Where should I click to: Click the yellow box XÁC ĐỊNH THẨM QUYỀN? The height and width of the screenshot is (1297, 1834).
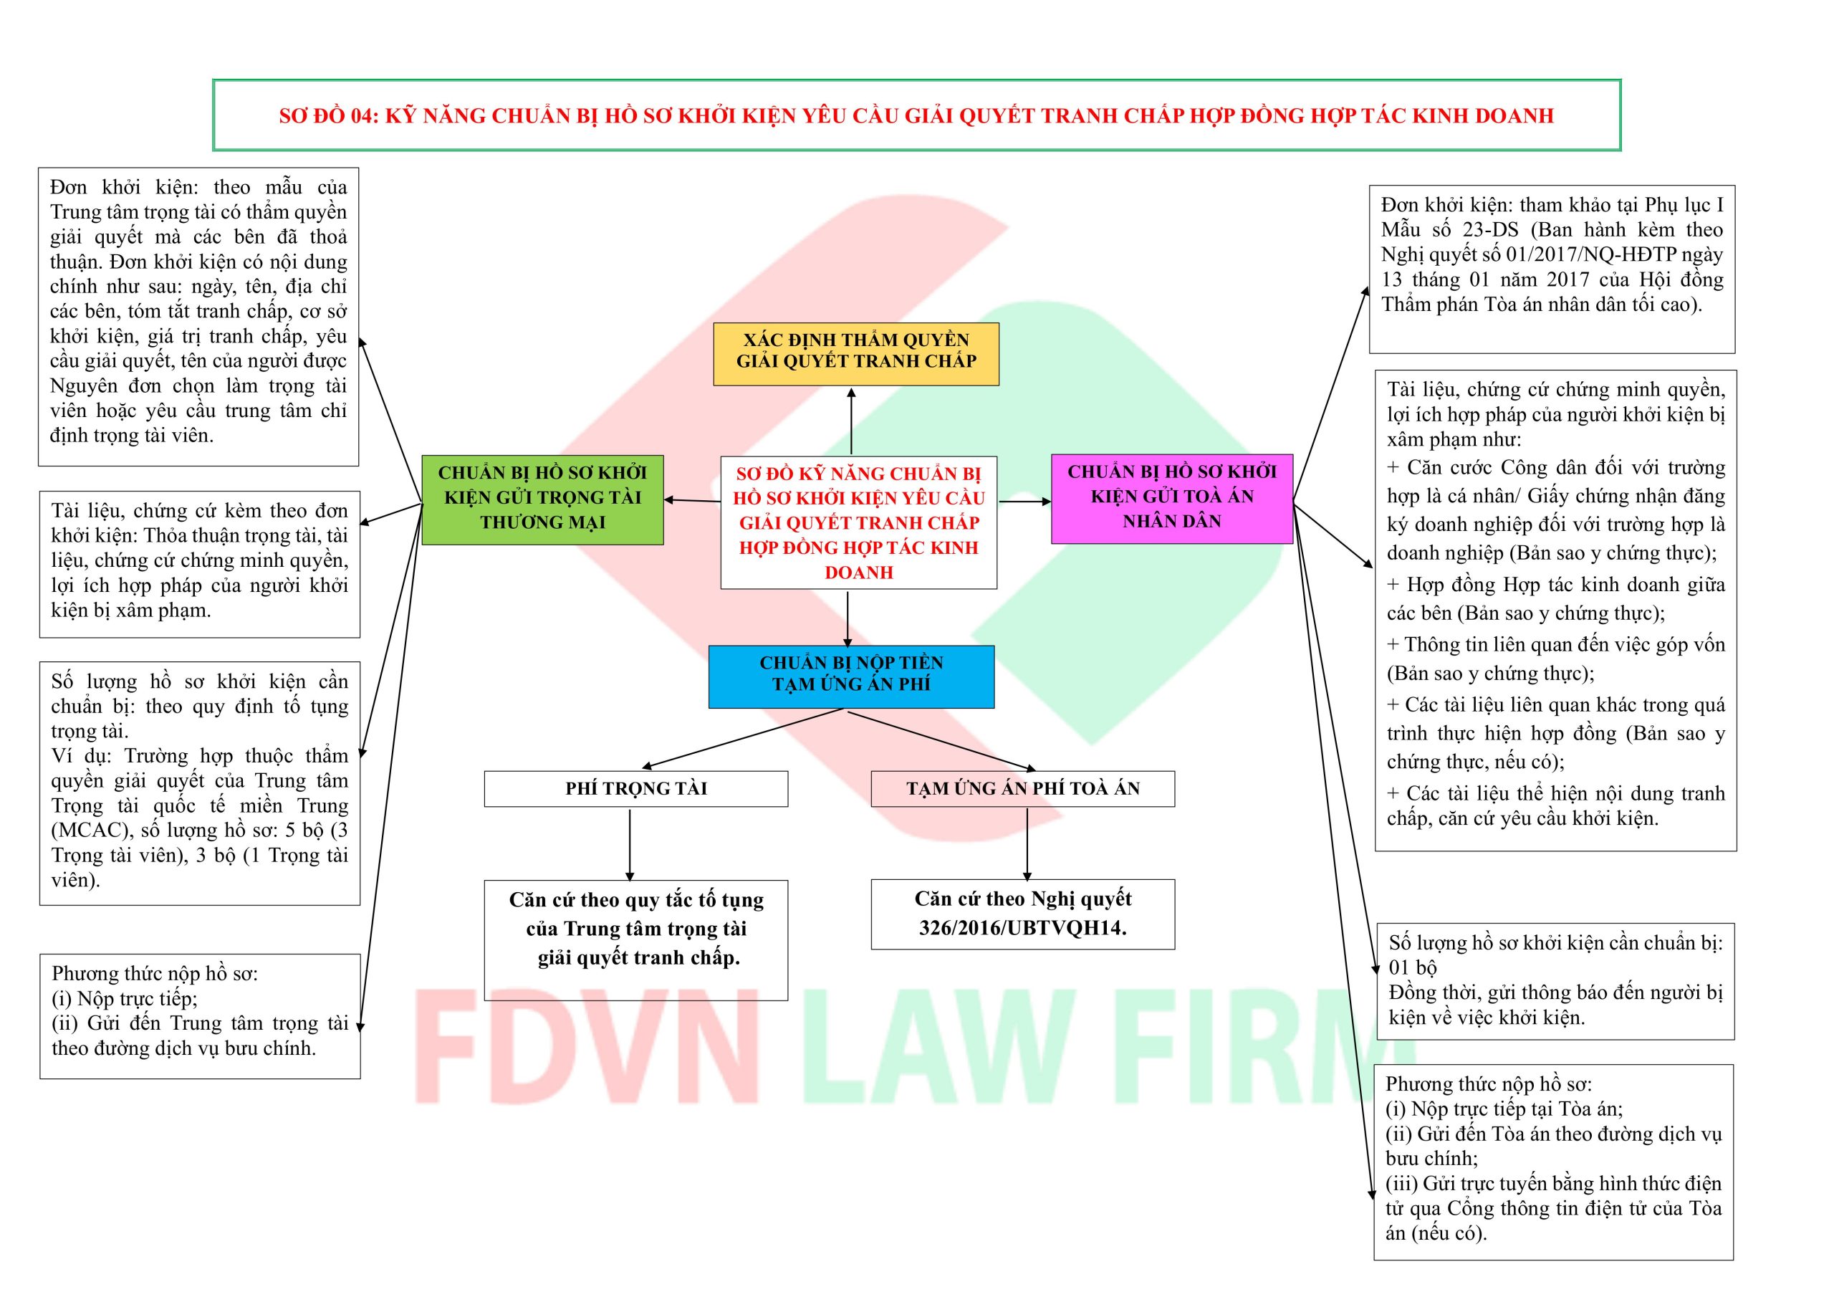855,353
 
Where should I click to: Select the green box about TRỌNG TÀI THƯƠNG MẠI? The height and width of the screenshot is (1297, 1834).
542,499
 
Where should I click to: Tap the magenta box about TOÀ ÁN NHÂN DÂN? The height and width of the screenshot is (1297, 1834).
1171,499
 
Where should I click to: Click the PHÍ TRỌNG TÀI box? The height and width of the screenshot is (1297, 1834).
636,789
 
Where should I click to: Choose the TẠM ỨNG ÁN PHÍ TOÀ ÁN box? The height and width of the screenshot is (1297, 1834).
1022,789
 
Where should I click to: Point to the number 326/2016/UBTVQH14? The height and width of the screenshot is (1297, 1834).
1022,928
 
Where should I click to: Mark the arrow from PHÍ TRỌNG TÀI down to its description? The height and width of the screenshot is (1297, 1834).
630,843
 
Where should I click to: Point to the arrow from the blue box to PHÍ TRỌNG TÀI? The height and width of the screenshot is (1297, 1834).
743,740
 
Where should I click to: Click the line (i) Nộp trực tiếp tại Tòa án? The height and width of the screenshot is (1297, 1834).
1503,1109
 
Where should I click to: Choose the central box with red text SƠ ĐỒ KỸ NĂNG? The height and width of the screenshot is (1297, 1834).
859,522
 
